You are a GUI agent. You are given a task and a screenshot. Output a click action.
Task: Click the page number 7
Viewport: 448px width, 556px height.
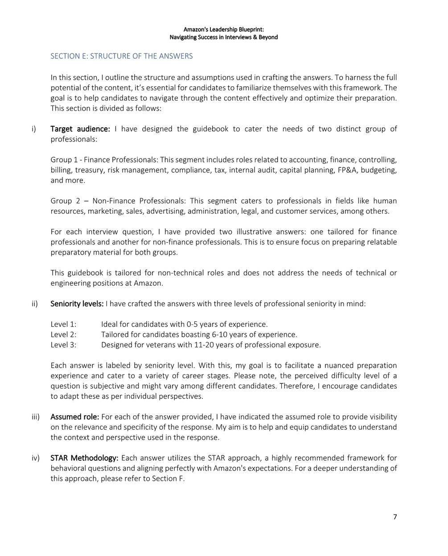(x=395, y=516)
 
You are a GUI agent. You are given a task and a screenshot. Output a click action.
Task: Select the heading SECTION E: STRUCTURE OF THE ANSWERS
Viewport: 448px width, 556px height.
(x=122, y=56)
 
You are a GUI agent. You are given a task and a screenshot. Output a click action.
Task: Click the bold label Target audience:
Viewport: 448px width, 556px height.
(x=80, y=129)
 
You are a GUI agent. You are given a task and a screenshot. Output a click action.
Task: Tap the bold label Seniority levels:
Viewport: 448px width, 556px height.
(x=77, y=304)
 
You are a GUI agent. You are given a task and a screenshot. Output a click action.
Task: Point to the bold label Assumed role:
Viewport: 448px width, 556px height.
(x=75, y=417)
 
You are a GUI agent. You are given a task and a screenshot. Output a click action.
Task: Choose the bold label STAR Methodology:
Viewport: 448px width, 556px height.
(x=84, y=458)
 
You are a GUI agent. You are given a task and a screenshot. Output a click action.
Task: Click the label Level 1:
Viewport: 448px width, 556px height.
(x=63, y=324)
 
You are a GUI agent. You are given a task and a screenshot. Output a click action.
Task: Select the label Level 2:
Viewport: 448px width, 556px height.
(x=63, y=334)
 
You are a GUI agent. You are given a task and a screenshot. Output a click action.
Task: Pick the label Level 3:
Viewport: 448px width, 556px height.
(x=63, y=345)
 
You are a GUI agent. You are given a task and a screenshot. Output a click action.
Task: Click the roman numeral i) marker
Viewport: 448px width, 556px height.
(x=34, y=129)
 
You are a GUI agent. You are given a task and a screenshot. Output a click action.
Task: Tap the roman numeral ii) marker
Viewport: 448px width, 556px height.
(x=35, y=304)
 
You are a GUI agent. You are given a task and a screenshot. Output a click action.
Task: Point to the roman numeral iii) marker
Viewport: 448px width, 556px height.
(x=36, y=417)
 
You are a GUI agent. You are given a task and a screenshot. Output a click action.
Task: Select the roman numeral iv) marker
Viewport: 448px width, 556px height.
(x=35, y=458)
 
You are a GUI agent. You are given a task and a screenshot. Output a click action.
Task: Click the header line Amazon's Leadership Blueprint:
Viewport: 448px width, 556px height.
(x=224, y=29)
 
